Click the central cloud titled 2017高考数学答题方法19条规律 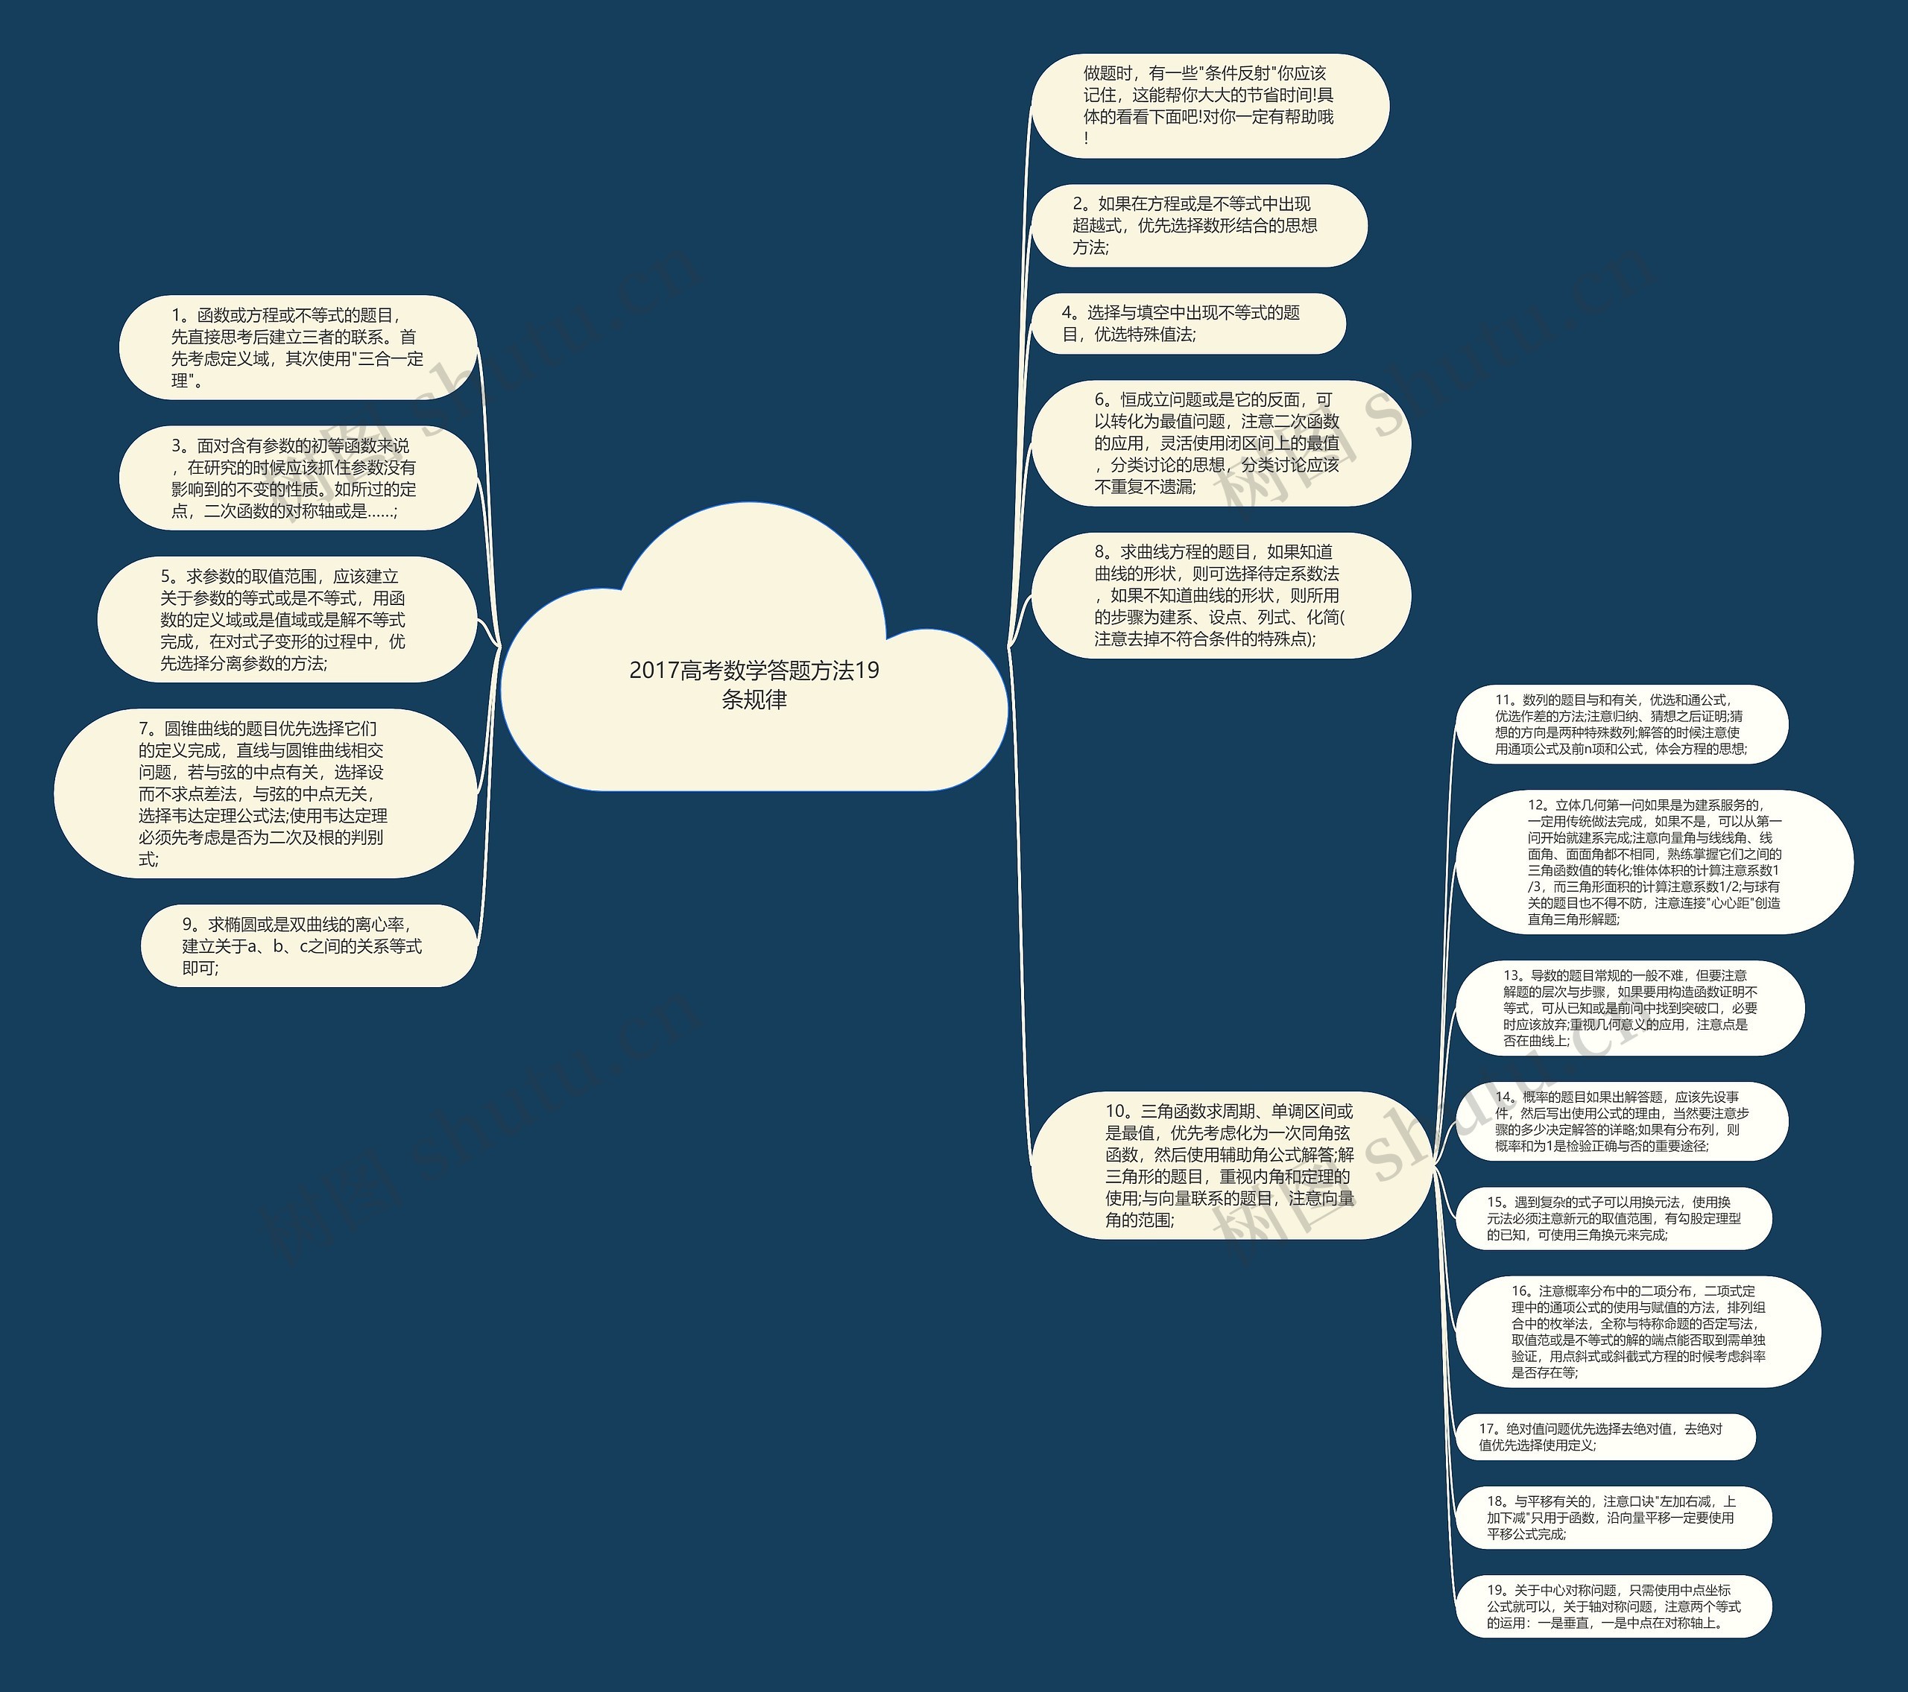tap(754, 684)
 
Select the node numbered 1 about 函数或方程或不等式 tap(298, 348)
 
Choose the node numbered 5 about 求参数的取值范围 tap(287, 620)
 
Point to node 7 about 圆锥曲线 tap(265, 793)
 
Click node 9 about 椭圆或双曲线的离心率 tap(309, 945)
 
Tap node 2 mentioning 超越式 tap(1198, 225)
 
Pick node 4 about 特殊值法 tap(1187, 323)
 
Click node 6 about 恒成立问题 tap(1220, 443)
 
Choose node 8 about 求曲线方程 tap(1220, 595)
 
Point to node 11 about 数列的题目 tap(1621, 724)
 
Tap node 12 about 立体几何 tap(1653, 861)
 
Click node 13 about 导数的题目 tap(1630, 1008)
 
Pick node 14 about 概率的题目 tap(1621, 1121)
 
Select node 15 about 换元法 tap(1613, 1218)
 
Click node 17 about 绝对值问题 tap(1605, 1436)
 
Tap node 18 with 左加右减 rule tap(1613, 1518)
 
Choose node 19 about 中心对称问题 tap(1613, 1606)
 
